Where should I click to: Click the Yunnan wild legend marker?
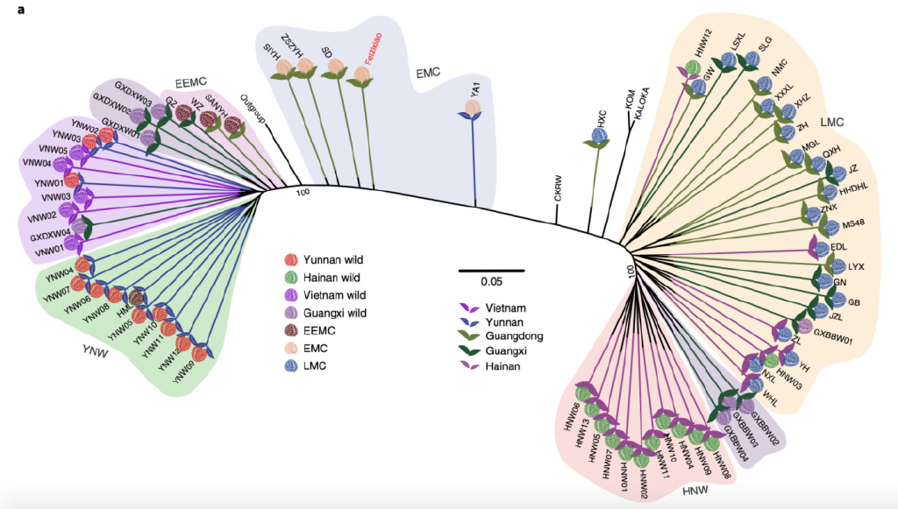click(290, 259)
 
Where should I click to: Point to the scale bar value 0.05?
click(491, 282)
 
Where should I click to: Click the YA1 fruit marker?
click(473, 109)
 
